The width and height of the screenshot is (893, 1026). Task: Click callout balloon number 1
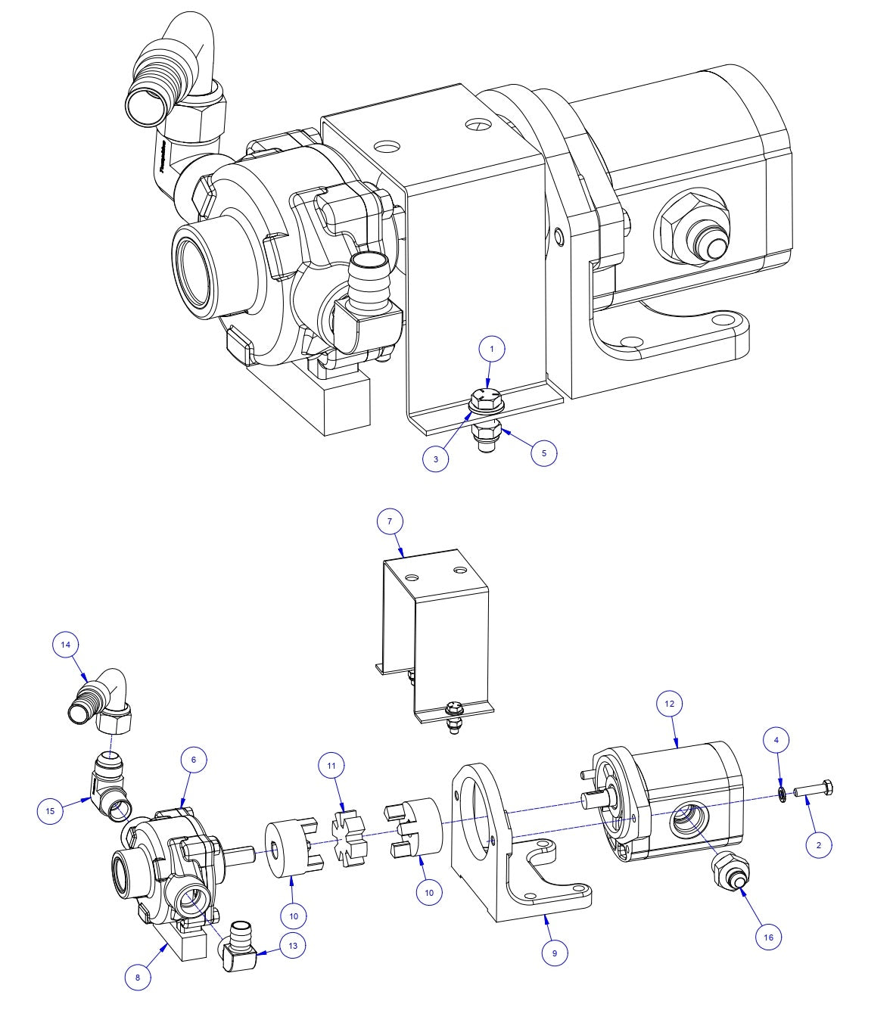tap(492, 349)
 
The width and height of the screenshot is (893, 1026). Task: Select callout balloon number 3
tap(437, 459)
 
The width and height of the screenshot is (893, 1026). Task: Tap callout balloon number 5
tap(543, 453)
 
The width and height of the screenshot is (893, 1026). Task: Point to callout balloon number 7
tap(390, 521)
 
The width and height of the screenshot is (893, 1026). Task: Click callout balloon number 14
tap(66, 645)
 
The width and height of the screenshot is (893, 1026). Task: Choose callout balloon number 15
tap(51, 810)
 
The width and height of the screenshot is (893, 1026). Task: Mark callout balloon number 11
tap(331, 766)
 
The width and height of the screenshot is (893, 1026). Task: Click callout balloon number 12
tap(669, 704)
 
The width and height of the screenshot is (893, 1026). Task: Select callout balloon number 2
tap(818, 844)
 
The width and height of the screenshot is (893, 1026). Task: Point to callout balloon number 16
tap(769, 937)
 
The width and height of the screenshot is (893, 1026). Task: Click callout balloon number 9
tap(555, 953)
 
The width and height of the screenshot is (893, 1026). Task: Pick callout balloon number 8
tap(138, 977)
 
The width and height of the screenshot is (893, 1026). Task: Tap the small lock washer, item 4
tap(780, 793)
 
